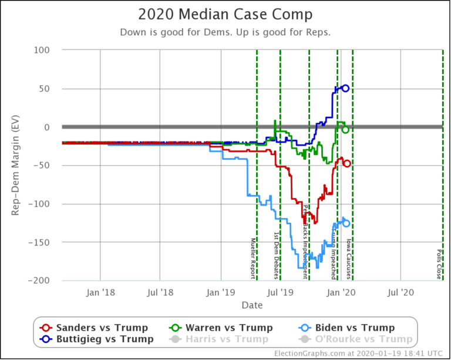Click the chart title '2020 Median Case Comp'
tap(225, 14)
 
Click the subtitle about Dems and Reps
tap(225, 32)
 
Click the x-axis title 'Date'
tap(251, 305)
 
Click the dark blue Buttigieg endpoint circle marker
tap(345, 88)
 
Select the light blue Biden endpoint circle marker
tap(346, 223)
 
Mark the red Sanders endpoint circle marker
tap(346, 163)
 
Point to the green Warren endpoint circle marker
tap(345, 130)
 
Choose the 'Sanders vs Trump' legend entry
tap(94, 328)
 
